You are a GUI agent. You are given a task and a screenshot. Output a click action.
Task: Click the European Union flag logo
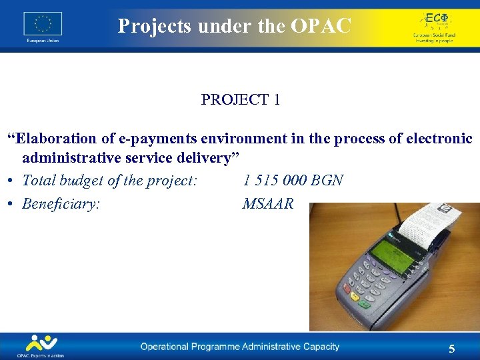pyautogui.click(x=43, y=23)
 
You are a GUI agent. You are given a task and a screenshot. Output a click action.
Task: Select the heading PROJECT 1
pyautogui.click(x=240, y=100)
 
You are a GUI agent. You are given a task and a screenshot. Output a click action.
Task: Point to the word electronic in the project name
pyautogui.click(x=439, y=139)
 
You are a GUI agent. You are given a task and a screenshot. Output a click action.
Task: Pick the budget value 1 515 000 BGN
pyautogui.click(x=293, y=181)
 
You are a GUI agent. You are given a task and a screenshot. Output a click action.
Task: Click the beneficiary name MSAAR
pyautogui.click(x=267, y=204)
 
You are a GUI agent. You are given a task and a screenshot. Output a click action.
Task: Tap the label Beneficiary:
pyautogui.click(x=61, y=204)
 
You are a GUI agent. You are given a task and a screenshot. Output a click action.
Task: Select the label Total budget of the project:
pyautogui.click(x=109, y=181)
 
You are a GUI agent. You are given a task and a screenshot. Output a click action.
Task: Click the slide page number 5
pyautogui.click(x=452, y=349)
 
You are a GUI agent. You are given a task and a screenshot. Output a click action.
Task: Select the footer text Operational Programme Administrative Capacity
pyautogui.click(x=239, y=347)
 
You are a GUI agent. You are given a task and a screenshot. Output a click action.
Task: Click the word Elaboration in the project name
pyautogui.click(x=57, y=139)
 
